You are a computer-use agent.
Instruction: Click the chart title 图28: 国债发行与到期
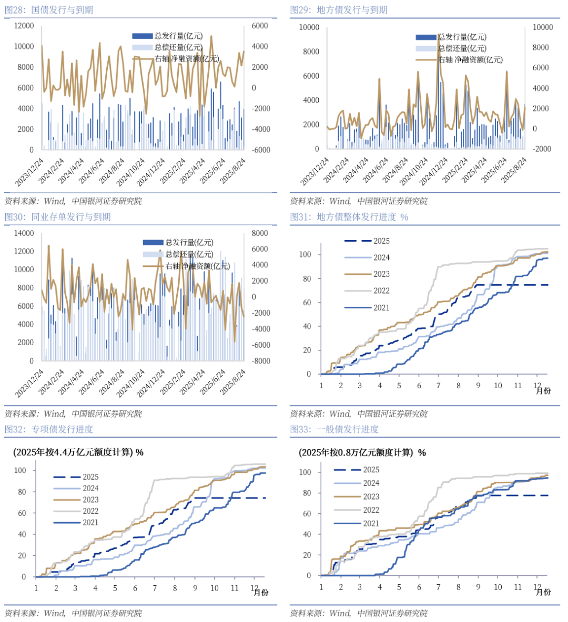(x=49, y=10)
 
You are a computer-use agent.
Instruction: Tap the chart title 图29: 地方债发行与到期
(x=338, y=10)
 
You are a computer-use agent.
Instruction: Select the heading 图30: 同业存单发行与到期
(x=58, y=217)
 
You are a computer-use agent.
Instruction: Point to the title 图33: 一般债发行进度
(x=334, y=429)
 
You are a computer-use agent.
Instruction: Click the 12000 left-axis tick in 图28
(x=24, y=26)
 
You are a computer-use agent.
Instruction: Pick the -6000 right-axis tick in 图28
(x=261, y=150)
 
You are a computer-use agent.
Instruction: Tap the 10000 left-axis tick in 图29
(x=309, y=27)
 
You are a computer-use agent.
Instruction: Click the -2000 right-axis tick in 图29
(x=542, y=149)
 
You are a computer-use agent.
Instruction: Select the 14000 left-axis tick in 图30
(x=24, y=233)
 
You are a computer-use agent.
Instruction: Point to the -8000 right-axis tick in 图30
(x=261, y=361)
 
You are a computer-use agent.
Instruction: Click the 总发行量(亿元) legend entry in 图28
(x=168, y=36)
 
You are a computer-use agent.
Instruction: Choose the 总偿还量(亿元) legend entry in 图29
(x=451, y=48)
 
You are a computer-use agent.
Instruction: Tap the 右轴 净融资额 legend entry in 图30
(x=186, y=266)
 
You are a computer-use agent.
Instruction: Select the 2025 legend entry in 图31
(x=367, y=241)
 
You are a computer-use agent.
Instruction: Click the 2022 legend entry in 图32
(x=76, y=511)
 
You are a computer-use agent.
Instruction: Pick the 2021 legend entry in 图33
(x=357, y=524)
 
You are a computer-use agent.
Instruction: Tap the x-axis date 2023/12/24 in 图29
(x=315, y=171)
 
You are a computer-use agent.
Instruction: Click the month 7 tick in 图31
(x=439, y=386)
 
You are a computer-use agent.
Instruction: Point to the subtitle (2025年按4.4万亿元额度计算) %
(x=78, y=452)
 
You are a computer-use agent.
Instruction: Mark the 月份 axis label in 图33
(x=543, y=592)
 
